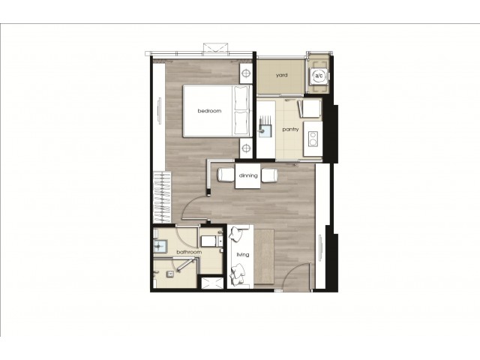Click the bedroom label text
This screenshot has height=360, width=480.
[209, 111]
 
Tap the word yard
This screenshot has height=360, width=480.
[282, 75]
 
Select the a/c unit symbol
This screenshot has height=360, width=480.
[319, 76]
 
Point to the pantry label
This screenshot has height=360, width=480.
[290, 130]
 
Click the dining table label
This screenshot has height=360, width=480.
[248, 175]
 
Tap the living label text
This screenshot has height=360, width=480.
[243, 254]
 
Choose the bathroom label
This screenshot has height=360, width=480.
[189, 252]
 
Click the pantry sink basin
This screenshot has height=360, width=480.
[265, 130]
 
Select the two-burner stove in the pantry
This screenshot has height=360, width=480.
[313, 138]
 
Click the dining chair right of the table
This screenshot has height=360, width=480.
[270, 175]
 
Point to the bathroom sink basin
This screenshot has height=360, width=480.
[160, 246]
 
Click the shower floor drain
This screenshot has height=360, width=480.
[170, 274]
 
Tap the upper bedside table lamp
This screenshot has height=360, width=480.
[246, 73]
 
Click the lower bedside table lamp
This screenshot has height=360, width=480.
[246, 148]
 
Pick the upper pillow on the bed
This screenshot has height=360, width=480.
[241, 97]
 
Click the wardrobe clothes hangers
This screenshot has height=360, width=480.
[162, 197]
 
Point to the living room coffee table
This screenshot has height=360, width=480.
[264, 256]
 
